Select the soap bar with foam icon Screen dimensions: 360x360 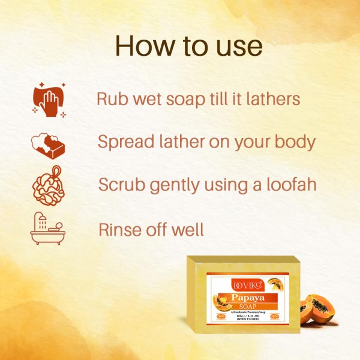[47, 145]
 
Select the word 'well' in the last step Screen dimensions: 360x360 [189, 229]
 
